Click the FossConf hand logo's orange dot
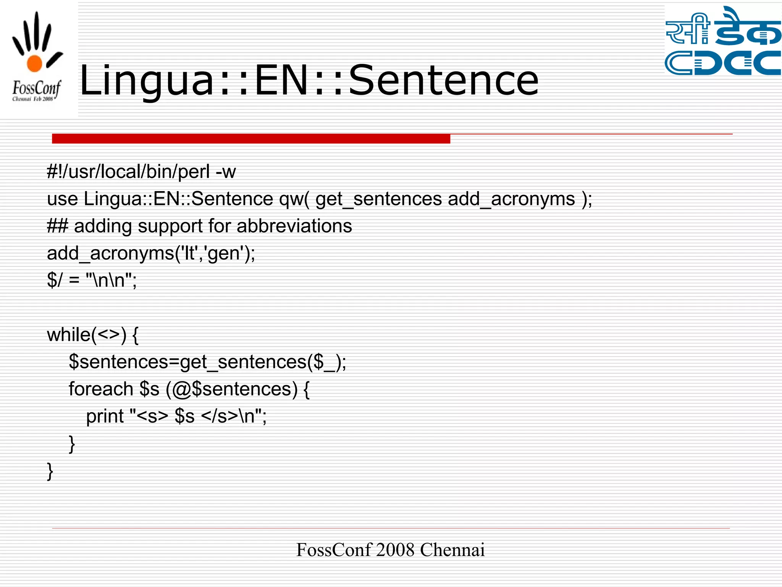(x=34, y=63)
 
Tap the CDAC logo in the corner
(x=723, y=41)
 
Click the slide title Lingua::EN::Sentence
(x=309, y=80)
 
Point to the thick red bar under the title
(x=251, y=138)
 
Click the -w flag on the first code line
(x=226, y=172)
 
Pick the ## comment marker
(x=57, y=226)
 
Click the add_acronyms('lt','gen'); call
(x=151, y=253)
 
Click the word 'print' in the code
(x=105, y=416)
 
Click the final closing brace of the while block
(x=50, y=471)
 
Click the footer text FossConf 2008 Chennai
(x=390, y=550)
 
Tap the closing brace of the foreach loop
(x=72, y=443)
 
